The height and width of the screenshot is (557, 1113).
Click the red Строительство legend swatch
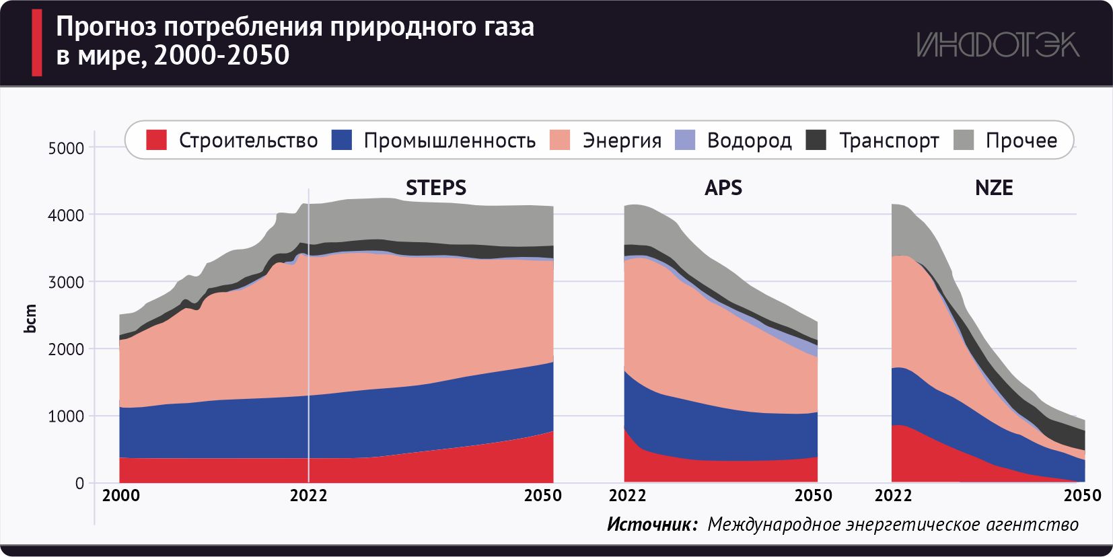point(156,140)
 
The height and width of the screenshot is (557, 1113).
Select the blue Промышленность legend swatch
point(342,140)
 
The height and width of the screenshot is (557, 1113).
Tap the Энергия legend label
point(622,141)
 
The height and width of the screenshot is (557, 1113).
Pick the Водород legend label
point(749,141)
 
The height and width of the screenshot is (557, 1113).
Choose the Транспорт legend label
point(889,141)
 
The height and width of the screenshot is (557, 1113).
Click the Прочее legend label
point(1021,141)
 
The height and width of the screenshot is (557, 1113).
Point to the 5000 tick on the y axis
point(66,148)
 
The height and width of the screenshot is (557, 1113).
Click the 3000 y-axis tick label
point(66,282)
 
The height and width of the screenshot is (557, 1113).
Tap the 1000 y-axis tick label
point(66,416)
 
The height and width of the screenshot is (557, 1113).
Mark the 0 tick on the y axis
point(80,483)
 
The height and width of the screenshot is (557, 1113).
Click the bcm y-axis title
point(30,318)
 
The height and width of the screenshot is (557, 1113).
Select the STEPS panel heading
point(435,188)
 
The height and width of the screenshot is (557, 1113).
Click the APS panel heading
point(723,188)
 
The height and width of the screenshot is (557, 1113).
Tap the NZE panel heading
point(994,188)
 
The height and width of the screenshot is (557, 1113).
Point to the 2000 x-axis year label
point(121,496)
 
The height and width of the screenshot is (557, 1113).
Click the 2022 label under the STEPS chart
point(308,496)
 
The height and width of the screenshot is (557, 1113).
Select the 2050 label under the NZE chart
point(1082,496)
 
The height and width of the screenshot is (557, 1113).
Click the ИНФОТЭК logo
point(997,45)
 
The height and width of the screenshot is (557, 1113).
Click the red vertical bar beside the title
point(37,42)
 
